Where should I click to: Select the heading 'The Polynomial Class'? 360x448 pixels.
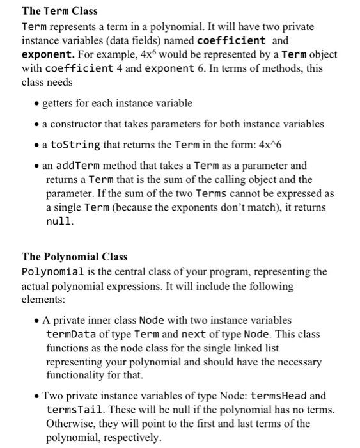[74, 257]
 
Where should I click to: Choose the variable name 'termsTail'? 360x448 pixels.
[70, 410]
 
